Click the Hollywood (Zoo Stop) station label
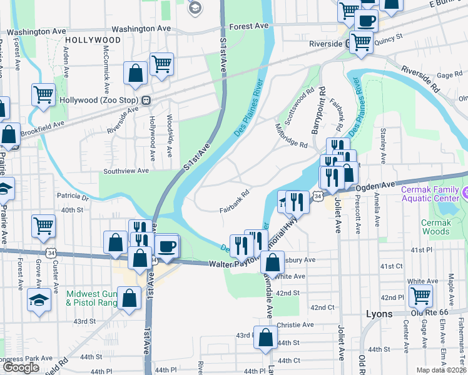(99, 100)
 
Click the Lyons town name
(379, 314)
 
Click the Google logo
(21, 367)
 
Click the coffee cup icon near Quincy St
(366, 19)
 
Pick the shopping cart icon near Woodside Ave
(161, 64)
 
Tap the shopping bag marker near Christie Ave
(265, 337)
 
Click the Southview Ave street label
(126, 170)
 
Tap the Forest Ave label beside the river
(248, 26)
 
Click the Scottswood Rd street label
(300, 105)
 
